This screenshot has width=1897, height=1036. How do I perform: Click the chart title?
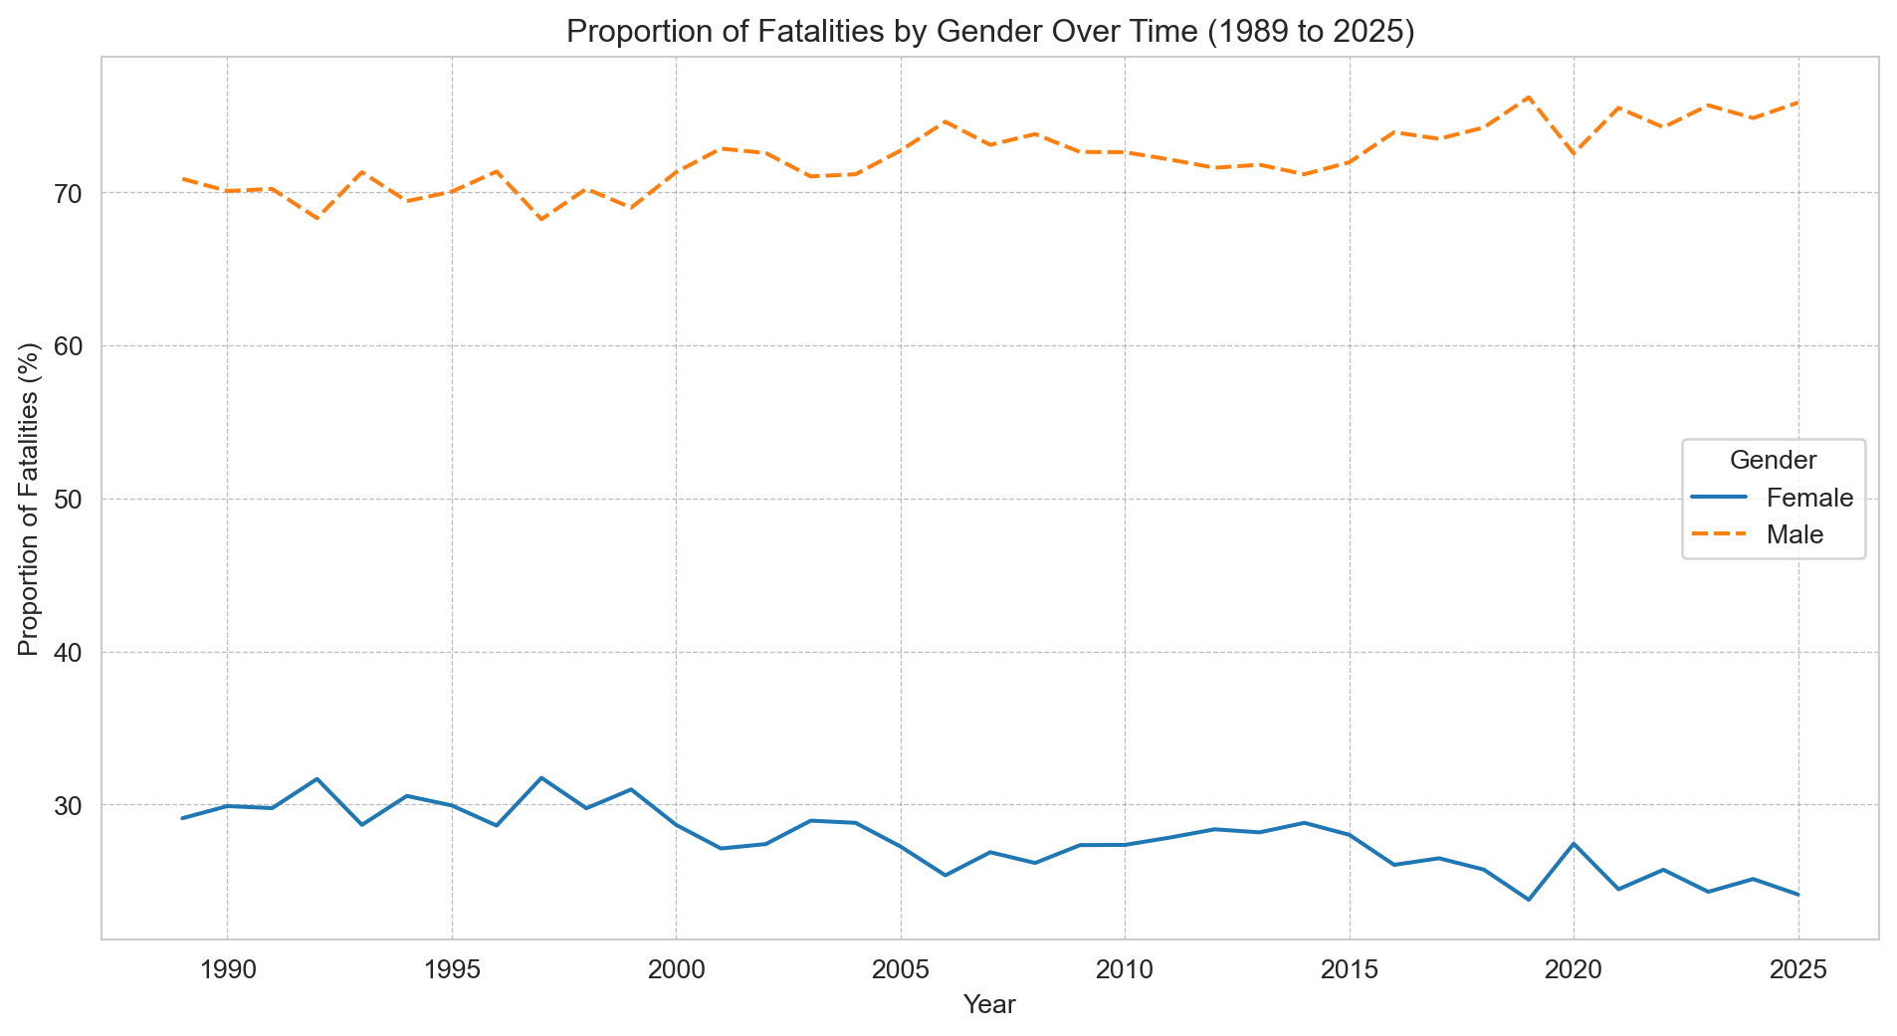coord(989,32)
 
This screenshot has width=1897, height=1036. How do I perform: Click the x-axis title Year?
coord(989,1005)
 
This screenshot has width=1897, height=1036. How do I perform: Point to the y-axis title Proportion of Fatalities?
coord(30,499)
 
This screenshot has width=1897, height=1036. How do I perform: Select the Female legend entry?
coord(1809,498)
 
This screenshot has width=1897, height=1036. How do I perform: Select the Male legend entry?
coord(1794,534)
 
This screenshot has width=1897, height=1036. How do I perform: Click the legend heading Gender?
coord(1774,460)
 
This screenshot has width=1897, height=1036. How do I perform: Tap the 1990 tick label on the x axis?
coord(227,967)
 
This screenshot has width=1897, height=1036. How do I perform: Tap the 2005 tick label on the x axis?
coord(900,967)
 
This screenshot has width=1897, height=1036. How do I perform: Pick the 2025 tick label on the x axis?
coord(1797,967)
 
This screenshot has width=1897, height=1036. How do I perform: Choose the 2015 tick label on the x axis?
coord(1349,967)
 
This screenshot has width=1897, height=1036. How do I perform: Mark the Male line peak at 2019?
coord(1528,97)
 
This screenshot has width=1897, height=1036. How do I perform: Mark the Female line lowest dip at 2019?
coord(1528,900)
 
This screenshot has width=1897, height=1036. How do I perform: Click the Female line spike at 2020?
coord(1573,843)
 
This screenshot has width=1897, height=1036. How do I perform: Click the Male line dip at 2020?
coord(1573,153)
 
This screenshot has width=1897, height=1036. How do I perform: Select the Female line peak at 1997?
coord(541,777)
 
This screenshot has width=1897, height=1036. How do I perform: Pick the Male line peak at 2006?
coord(945,121)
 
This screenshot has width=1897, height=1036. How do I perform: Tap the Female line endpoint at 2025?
coord(1797,895)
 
